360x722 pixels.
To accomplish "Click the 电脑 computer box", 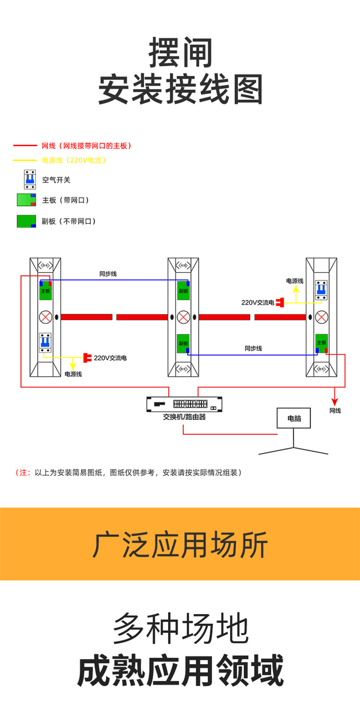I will pyautogui.click(x=294, y=418).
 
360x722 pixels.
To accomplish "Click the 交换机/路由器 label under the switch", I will pyautogui.click(x=184, y=417).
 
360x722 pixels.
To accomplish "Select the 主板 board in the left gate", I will pyautogui.click(x=46, y=290).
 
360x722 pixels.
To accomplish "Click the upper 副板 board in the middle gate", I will pyautogui.click(x=183, y=290).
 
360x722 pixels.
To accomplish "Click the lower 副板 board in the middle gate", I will pyautogui.click(x=183, y=343).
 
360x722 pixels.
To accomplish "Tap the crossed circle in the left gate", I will pyautogui.click(x=46, y=317).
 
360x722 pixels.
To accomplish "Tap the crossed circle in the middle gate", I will pyautogui.click(x=183, y=317).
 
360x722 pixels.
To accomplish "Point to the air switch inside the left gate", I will pyautogui.click(x=46, y=343).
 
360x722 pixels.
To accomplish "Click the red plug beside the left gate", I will pyautogui.click(x=87, y=357).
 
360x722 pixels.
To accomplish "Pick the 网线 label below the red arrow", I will pyautogui.click(x=335, y=411).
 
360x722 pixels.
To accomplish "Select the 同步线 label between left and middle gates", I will pyautogui.click(x=108, y=274).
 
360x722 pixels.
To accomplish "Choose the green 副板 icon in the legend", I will pyautogui.click(x=26, y=221).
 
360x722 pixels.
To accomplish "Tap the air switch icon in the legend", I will pyautogui.click(x=30, y=179).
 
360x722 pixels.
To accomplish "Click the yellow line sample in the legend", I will pyautogui.click(x=24, y=160).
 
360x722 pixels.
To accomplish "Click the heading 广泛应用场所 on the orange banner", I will pyautogui.click(x=180, y=544).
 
